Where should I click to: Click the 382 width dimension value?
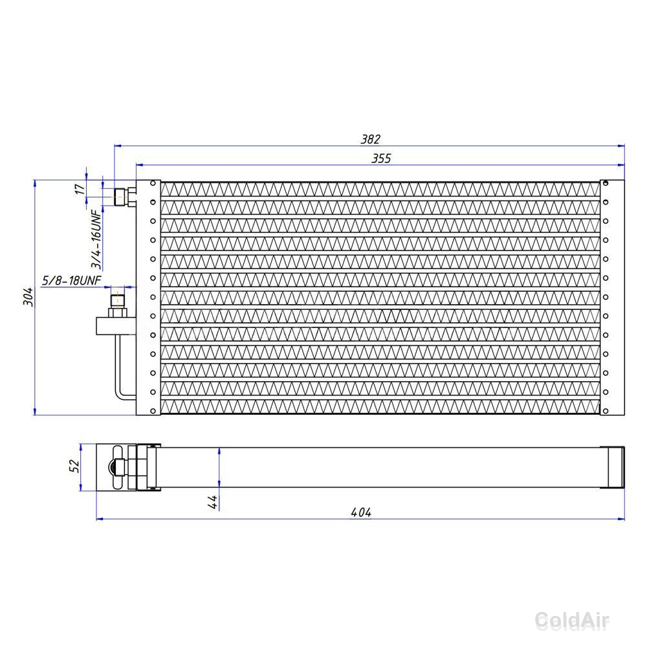370,139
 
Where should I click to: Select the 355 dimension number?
381,159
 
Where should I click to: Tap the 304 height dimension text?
28,297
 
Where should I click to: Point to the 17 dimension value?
79,189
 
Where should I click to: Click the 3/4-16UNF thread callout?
96,239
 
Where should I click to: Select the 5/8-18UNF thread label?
71,281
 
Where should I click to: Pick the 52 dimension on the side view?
74,466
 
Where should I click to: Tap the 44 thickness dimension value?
212,502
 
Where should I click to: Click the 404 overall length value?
361,512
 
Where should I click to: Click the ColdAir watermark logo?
572,620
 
